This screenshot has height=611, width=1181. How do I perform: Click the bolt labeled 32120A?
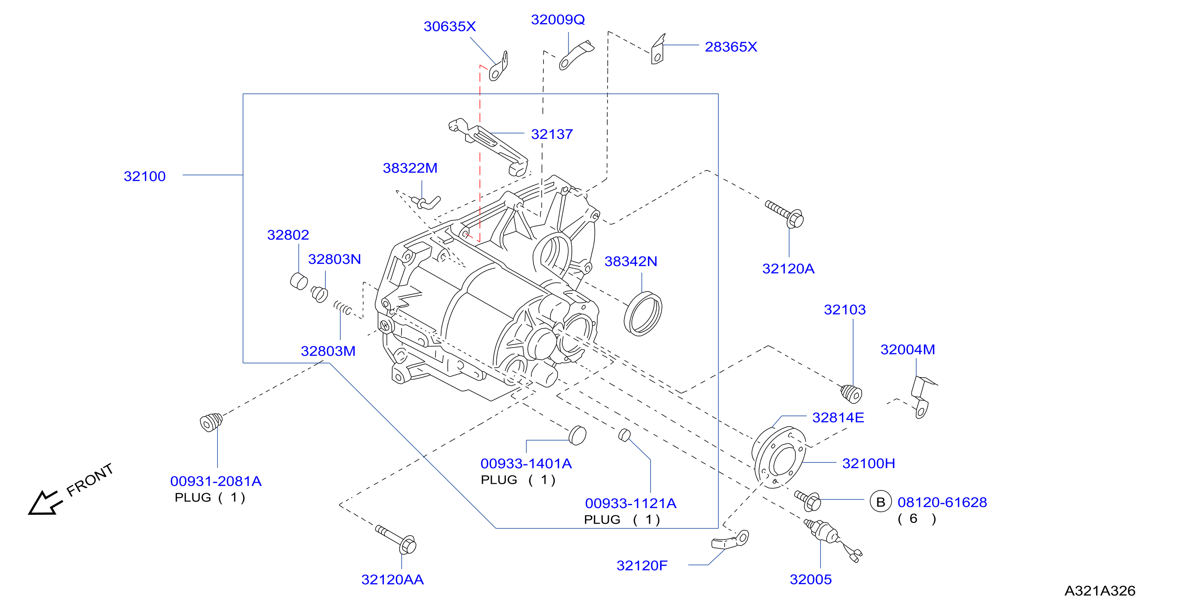pyautogui.click(x=785, y=214)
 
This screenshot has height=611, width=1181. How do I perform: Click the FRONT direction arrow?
pyautogui.click(x=44, y=503)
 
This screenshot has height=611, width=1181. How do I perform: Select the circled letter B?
pyautogui.click(x=880, y=502)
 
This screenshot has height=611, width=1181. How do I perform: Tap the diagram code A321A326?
pyautogui.click(x=1099, y=590)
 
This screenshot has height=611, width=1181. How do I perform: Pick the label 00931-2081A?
pyautogui.click(x=215, y=481)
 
